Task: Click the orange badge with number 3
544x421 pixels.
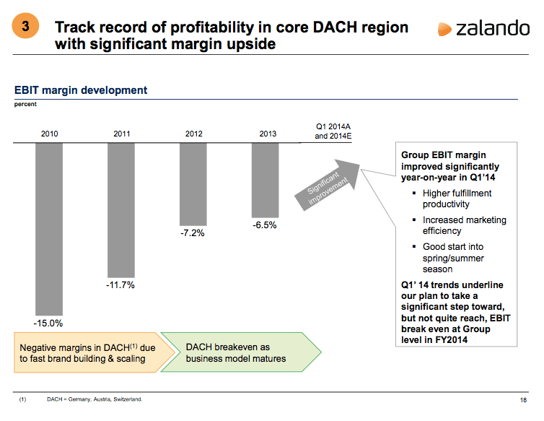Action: (26, 28)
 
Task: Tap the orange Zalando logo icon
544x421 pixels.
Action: (444, 29)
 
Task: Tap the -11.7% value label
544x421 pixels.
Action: (121, 285)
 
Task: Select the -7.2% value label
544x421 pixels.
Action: (193, 234)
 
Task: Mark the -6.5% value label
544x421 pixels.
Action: (266, 225)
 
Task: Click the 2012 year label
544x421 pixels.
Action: (193, 134)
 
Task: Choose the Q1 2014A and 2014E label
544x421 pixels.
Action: (333, 130)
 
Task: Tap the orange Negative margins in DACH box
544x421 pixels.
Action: (92, 352)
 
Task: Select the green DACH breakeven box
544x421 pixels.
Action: (238, 352)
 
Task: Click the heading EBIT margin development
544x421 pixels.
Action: (81, 90)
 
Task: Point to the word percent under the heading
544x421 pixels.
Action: (25, 104)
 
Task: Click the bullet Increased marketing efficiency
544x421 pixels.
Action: (464, 225)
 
